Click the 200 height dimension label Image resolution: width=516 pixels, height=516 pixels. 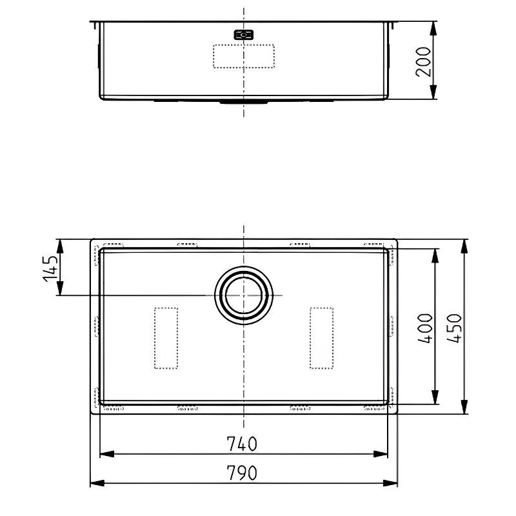(x=423, y=62)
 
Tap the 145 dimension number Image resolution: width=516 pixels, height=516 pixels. (x=50, y=268)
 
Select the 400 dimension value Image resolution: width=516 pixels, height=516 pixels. (x=425, y=328)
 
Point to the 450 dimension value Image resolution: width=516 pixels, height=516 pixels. (x=455, y=328)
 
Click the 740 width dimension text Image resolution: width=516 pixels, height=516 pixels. (x=242, y=444)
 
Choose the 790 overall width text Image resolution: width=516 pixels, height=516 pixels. (x=242, y=473)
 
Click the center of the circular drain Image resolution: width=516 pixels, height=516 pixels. (x=244, y=295)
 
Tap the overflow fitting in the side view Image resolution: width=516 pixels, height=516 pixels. (x=244, y=35)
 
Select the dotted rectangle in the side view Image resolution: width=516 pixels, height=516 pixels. (x=244, y=56)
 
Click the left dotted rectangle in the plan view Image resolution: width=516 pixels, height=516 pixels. (x=166, y=338)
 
